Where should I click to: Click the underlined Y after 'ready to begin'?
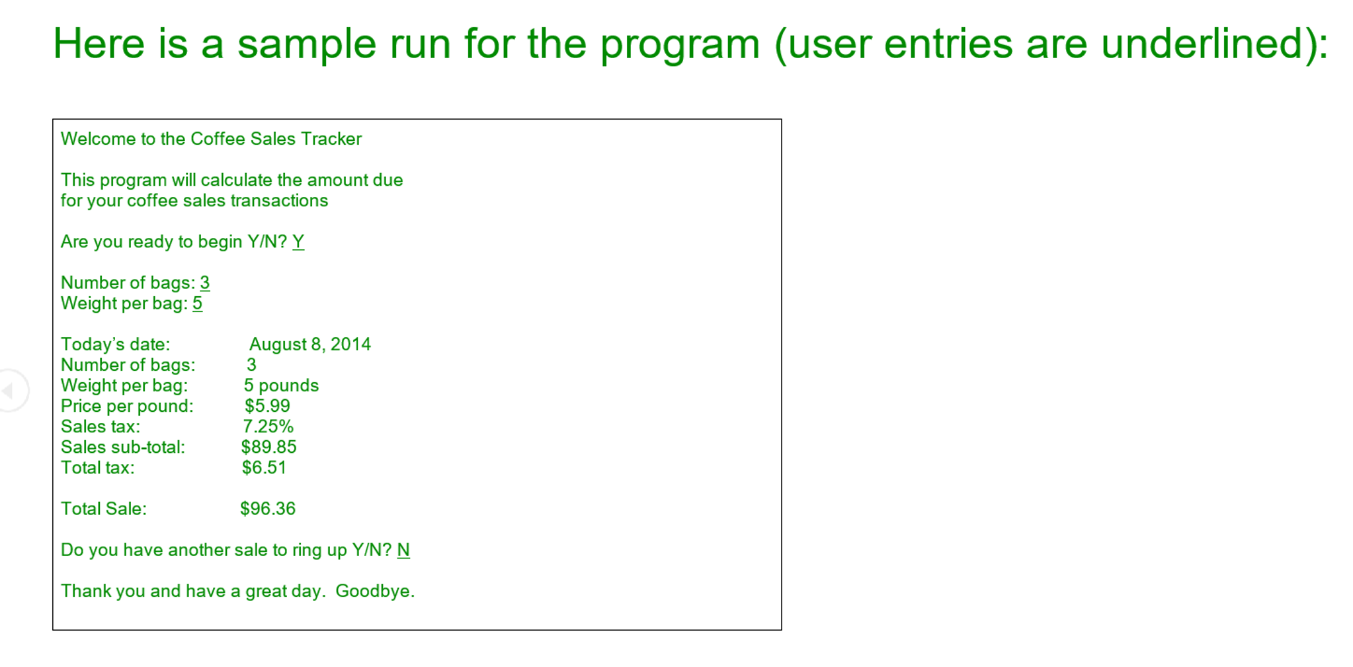[298, 242]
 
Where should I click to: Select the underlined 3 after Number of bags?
[205, 283]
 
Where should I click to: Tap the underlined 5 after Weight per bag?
[198, 303]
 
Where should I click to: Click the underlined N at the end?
[403, 550]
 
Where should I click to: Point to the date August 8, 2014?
[310, 344]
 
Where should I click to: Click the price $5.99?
[267, 406]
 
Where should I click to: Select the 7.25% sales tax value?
[268, 426]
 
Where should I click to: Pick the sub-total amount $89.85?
[268, 447]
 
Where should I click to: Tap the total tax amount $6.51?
[264, 467]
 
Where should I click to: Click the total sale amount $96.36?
[268, 508]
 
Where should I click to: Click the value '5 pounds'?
[281, 385]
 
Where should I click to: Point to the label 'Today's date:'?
[116, 344]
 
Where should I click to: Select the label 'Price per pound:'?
[127, 406]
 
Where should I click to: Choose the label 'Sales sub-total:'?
[123, 447]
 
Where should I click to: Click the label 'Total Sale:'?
[104, 508]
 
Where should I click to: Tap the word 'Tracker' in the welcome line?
[331, 139]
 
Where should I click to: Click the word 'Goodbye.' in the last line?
[375, 591]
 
